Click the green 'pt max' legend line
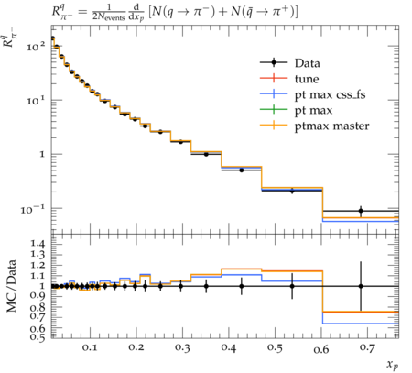click(274, 110)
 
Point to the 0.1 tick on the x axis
click(90, 347)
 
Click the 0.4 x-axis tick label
click(228, 347)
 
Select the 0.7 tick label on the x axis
click(367, 347)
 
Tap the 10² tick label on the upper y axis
click(36, 46)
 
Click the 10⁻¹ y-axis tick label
click(32, 209)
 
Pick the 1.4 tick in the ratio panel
click(38, 244)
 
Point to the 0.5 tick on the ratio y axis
click(38, 336)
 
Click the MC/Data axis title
click(11, 286)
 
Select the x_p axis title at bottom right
click(393, 364)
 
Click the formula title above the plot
click(175, 12)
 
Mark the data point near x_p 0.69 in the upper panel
click(361, 211)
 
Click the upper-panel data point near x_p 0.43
click(242, 170)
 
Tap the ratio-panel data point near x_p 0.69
click(361, 286)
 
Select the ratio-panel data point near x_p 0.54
click(292, 286)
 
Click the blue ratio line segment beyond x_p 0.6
click(361, 324)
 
